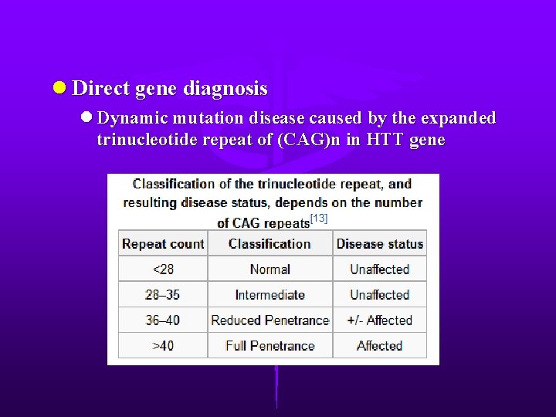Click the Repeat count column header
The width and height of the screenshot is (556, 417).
tap(163, 244)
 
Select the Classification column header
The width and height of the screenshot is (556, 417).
tap(270, 244)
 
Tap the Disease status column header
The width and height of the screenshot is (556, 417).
tap(379, 244)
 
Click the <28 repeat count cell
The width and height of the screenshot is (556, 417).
tap(163, 270)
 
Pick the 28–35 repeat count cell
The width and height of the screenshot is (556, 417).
tap(163, 295)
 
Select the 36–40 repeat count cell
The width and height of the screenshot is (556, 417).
tap(163, 320)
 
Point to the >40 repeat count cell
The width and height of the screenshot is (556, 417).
tap(163, 346)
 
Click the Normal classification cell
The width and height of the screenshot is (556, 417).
tap(270, 270)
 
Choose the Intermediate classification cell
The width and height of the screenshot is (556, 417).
tap(270, 295)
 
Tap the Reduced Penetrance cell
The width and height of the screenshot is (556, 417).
tap(270, 320)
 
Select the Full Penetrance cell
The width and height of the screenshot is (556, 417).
tap(270, 346)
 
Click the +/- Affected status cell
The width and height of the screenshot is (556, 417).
tap(379, 320)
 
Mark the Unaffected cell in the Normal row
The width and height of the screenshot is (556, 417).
tap(379, 270)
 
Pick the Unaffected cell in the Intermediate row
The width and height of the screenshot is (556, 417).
tap(379, 295)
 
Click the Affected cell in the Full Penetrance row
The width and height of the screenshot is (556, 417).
tap(379, 346)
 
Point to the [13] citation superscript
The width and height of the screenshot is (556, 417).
tap(319, 219)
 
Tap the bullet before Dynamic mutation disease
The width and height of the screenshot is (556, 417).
tap(86, 118)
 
